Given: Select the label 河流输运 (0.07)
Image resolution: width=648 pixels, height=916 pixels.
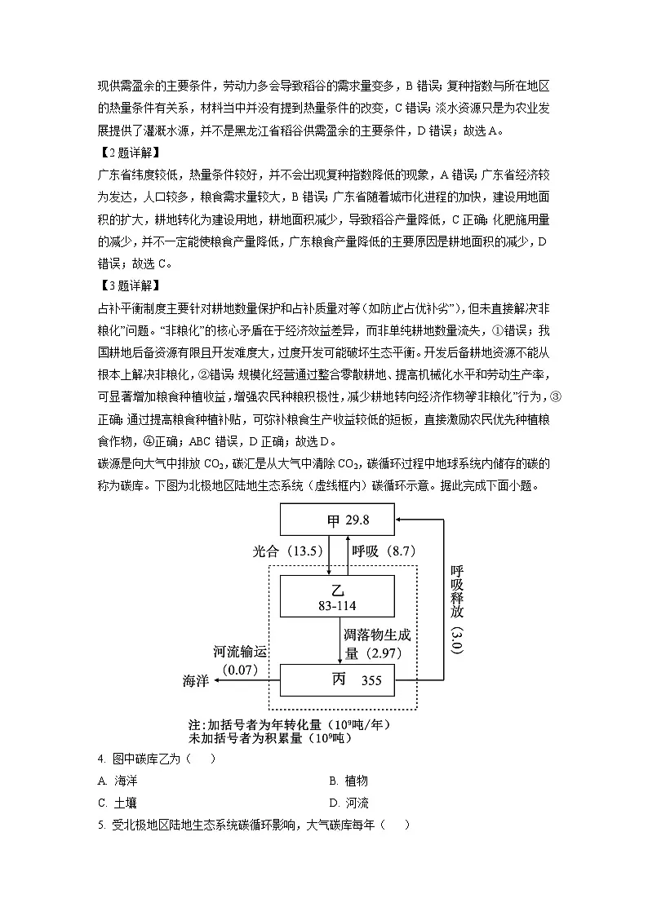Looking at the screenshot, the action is [240, 659].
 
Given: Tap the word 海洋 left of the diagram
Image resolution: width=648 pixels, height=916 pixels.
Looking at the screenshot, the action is [197, 681].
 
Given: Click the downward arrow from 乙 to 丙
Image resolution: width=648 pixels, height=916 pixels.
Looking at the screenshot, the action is [340, 640].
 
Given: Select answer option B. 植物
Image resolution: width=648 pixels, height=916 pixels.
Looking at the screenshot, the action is [348, 781].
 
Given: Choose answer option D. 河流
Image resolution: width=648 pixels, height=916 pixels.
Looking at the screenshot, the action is [349, 803].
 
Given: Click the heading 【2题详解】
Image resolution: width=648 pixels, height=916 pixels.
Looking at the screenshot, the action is [128, 153].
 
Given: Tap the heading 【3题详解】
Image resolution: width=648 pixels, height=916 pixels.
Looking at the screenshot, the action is [128, 285].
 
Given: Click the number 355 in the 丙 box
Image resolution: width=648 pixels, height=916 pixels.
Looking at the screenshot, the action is [371, 680].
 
